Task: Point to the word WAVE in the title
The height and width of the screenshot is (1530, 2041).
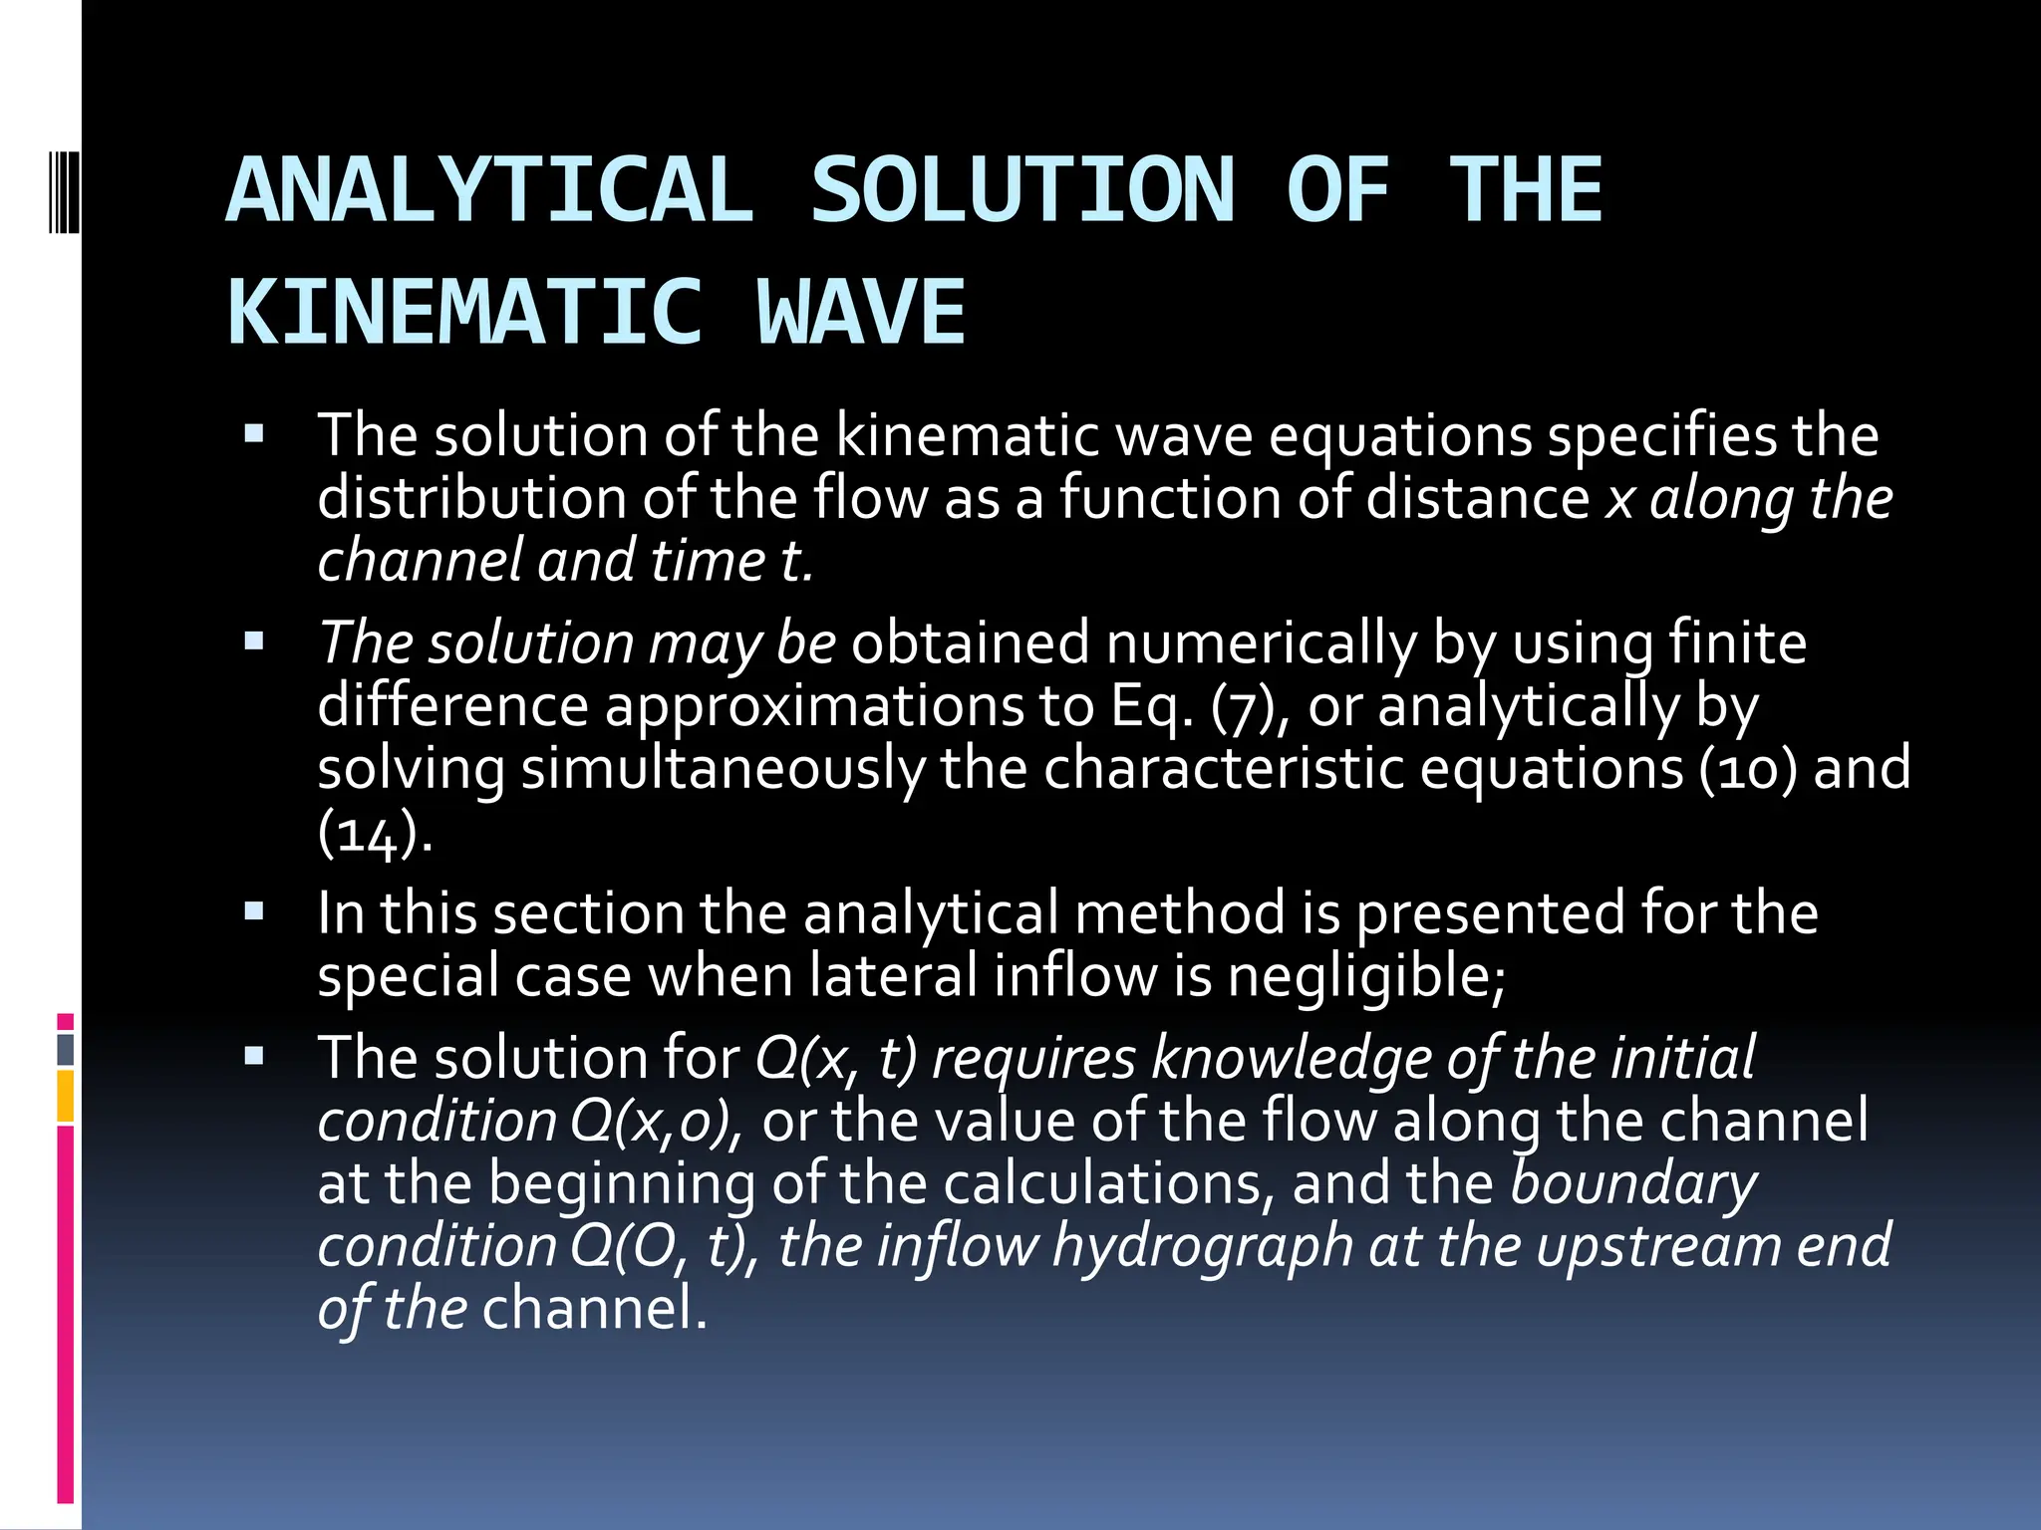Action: tap(862, 312)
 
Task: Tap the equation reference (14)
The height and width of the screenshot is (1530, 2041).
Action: tap(367, 833)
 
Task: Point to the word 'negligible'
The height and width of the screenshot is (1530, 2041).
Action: tap(1365, 976)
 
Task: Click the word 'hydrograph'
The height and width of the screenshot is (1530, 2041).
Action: tap(1203, 1247)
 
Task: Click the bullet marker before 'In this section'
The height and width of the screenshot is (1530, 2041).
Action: tap(254, 911)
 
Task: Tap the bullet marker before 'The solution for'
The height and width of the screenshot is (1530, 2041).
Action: tap(254, 1056)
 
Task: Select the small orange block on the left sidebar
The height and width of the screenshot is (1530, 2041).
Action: tap(66, 1096)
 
